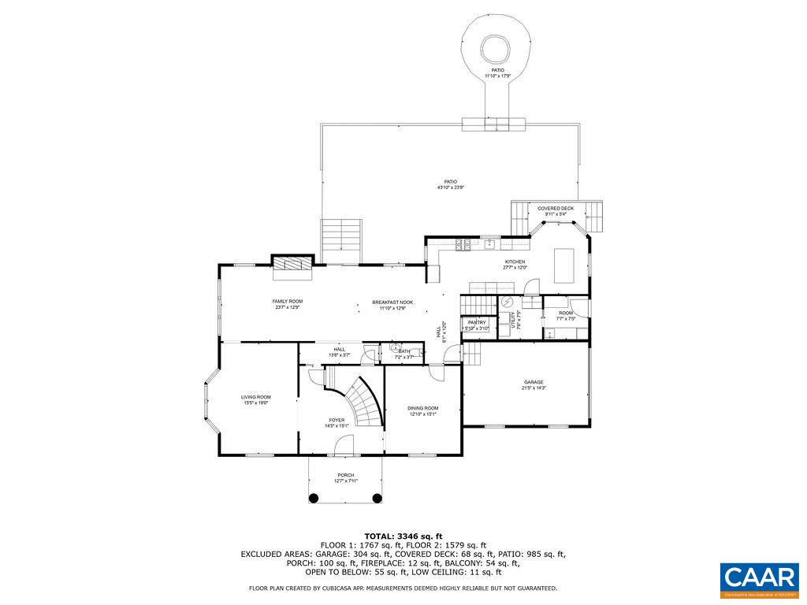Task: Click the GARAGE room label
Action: [534, 382]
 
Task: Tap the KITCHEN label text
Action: [515, 262]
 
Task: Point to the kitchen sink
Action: [489, 243]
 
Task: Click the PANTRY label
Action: [477, 322]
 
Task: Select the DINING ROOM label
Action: [422, 408]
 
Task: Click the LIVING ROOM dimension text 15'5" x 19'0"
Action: [256, 403]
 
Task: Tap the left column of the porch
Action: [313, 498]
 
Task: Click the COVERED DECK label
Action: [556, 209]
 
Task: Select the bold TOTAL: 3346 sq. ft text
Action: [403, 536]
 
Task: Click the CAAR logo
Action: [759, 577]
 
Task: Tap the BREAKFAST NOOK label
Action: [392, 302]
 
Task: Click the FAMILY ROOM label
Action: [288, 301]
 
